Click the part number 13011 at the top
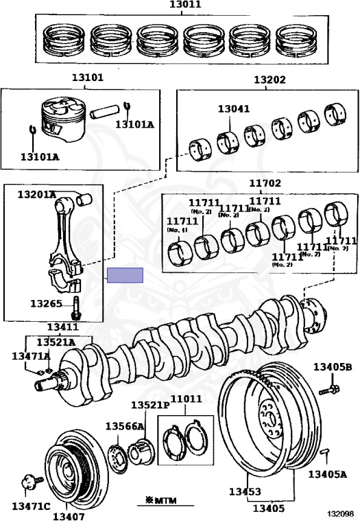185,4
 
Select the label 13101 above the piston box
88,78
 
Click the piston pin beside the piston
104,112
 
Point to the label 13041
234,109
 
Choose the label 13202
269,80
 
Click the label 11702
265,183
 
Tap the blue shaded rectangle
125,275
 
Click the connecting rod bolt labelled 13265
76,307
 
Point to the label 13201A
37,194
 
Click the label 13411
63,327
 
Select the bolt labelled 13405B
329,390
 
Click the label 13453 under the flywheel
245,491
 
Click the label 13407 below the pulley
69,516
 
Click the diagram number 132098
341,513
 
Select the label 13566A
125,426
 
